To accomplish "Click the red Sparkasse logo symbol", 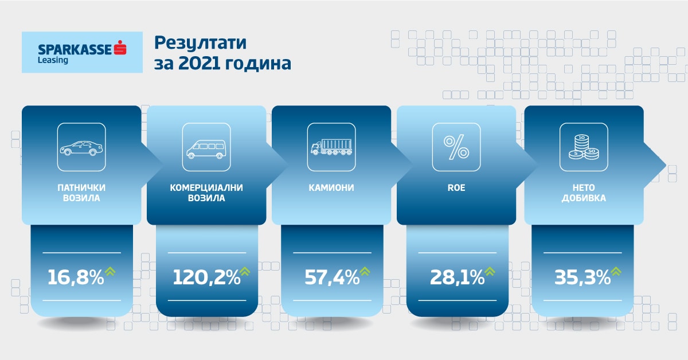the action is tap(120, 48).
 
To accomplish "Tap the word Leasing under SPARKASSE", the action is tap(53, 60).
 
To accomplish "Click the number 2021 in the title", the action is tap(199, 63).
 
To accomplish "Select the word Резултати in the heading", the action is tap(200, 42).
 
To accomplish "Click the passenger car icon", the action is tap(81, 148).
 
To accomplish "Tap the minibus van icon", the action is tap(206, 149).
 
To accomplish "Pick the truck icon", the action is tap(331, 147).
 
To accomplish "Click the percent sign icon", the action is tap(456, 148).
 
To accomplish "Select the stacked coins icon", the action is tap(584, 147).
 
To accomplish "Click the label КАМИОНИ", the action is tap(331, 187).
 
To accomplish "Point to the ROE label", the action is tap(456, 187).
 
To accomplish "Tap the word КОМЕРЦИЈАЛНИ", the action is tap(206, 187).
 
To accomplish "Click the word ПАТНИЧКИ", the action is tap(81, 187).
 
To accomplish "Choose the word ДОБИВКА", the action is tap(584, 198).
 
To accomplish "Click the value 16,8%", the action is tap(76, 277).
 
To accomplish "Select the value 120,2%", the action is tap(206, 277).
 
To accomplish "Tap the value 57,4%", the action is tap(332, 277).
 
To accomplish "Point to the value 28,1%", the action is tap(457, 277).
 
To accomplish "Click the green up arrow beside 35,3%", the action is tap(616, 272).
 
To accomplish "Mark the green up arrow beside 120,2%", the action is tap(245, 272).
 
